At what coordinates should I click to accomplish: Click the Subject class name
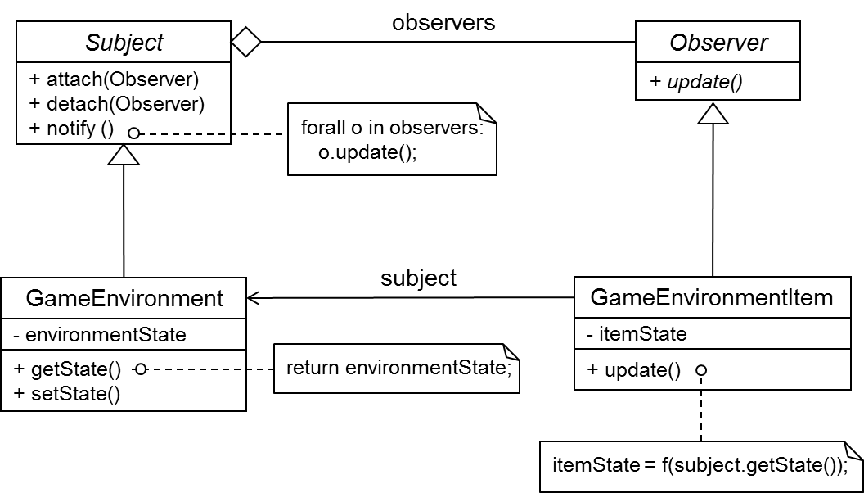124,43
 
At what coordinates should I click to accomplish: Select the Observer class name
718,43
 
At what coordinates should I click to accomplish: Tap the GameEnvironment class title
124,298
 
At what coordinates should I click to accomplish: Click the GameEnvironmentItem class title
712,297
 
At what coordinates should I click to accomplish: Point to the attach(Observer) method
115,80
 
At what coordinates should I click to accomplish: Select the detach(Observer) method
116,104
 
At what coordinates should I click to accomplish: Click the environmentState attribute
100,334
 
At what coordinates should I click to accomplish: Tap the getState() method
68,369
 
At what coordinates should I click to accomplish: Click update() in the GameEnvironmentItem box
634,369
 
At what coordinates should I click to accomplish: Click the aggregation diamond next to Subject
245,42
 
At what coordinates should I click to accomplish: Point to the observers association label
443,22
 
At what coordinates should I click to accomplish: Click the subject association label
419,278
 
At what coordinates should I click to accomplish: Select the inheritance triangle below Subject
124,154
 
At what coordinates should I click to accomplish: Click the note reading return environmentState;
398,368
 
